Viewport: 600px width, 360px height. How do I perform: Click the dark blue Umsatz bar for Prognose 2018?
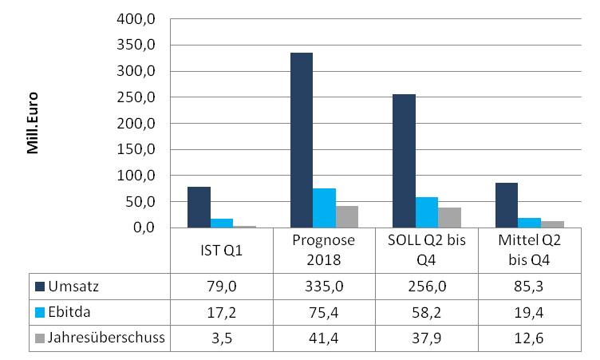(x=302, y=140)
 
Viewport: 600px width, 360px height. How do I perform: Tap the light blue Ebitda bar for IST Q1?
(x=222, y=224)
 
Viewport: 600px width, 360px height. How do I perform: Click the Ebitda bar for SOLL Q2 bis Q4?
(x=428, y=212)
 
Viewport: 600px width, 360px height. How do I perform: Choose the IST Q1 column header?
(x=222, y=251)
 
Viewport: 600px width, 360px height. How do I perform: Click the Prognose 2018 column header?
(x=325, y=251)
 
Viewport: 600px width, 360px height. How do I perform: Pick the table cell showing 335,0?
(x=325, y=285)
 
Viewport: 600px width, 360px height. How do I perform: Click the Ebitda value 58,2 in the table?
(x=428, y=311)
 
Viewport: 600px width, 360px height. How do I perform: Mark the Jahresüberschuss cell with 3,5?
(x=222, y=337)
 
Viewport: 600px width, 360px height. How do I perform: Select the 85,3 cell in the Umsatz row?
(x=530, y=285)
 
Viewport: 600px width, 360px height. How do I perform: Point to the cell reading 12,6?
(x=530, y=337)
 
